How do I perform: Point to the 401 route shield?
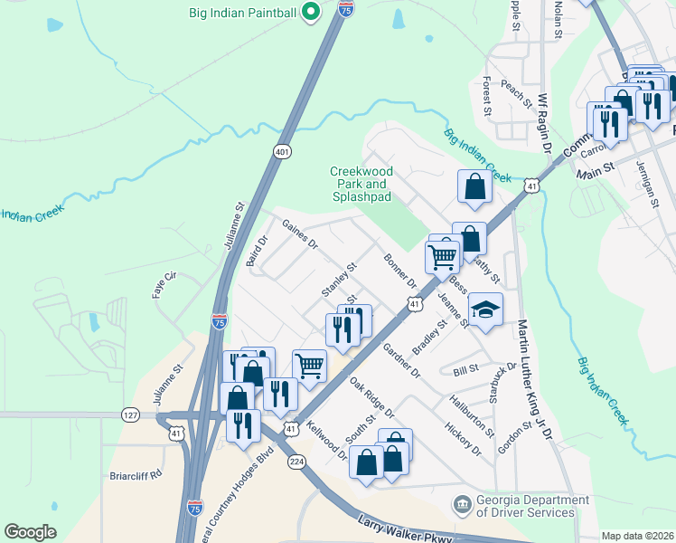(x=278, y=153)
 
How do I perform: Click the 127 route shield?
(x=130, y=414)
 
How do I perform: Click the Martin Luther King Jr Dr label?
(x=532, y=379)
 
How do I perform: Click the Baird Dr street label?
(x=258, y=252)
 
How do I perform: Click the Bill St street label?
(x=466, y=370)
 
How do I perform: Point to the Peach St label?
(x=516, y=93)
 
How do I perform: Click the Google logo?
(x=30, y=532)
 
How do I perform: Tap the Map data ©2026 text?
(x=637, y=536)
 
